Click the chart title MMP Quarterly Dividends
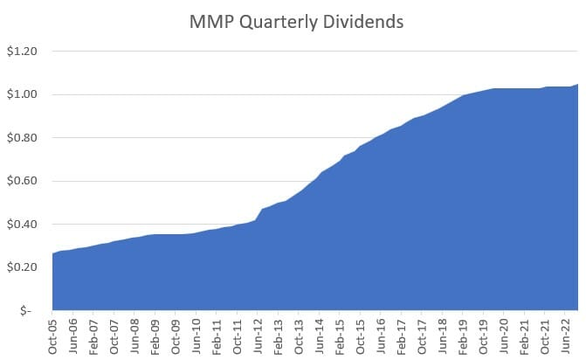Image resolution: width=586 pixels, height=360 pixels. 296,22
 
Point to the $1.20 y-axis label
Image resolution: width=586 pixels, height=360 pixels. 24,52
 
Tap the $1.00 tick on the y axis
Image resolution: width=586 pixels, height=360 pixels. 24,94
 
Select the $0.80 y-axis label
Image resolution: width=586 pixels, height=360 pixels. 24,137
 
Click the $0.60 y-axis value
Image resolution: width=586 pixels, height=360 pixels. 24,181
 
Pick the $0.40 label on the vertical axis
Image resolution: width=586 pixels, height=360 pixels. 24,224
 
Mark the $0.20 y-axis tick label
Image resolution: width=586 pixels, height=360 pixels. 24,267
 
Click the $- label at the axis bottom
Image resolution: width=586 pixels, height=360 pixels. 27,310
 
